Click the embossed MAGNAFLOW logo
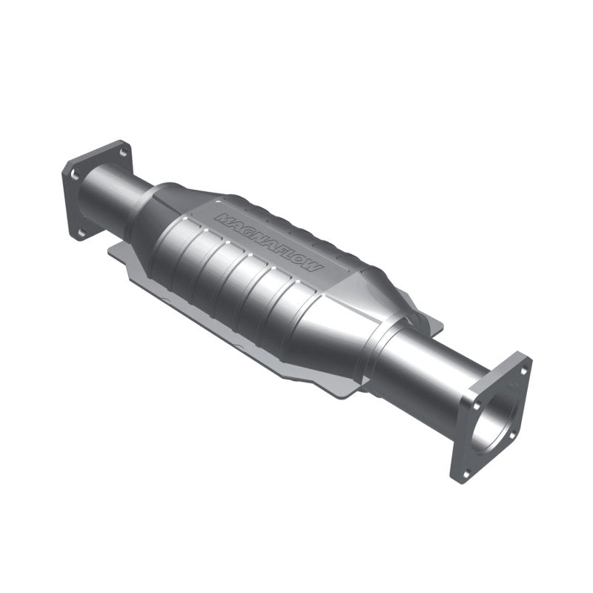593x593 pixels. pyautogui.click(x=268, y=242)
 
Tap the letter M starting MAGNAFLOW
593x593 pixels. pyautogui.click(x=222, y=218)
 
